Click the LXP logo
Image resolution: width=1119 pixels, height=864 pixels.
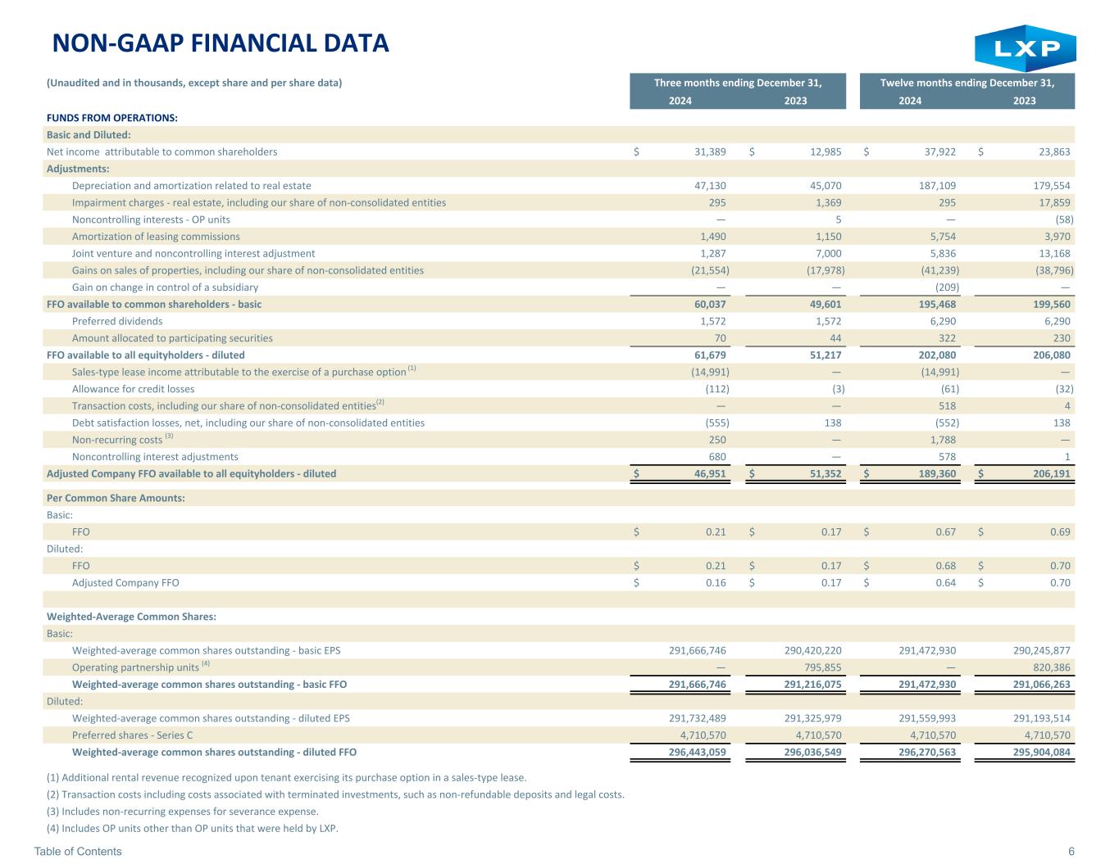pos(1025,47)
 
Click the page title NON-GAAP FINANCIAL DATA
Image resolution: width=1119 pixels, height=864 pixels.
pos(221,43)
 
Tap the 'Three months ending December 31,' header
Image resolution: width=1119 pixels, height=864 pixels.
pos(738,83)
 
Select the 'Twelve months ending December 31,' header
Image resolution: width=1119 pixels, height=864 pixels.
pos(967,83)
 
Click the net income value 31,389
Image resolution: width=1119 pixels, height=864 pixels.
pos(710,152)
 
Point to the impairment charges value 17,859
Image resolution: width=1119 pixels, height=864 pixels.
pos(1054,202)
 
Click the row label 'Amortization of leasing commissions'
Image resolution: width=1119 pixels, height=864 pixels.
pos(156,237)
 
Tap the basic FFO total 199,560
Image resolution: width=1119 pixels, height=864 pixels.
pos(1052,305)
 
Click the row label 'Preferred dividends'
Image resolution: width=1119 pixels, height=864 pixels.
pos(117,321)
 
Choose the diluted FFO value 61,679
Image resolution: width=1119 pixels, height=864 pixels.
pos(710,355)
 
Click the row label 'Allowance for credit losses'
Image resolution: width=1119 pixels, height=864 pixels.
pos(134,389)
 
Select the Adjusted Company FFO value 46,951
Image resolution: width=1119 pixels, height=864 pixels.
pos(710,474)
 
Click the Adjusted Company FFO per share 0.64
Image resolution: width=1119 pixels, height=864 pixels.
pos(945,582)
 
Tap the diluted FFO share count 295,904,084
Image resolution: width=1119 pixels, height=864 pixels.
pos(1041,753)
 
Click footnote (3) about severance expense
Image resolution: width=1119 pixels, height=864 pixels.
pos(183,812)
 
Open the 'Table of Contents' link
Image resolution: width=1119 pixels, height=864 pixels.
pos(78,851)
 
